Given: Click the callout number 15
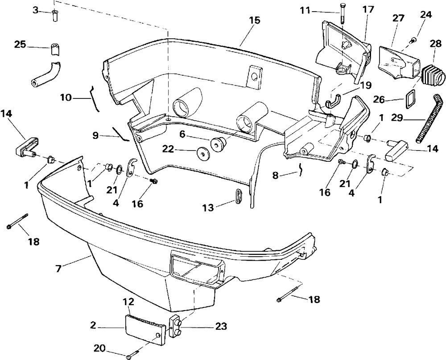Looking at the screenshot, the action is coord(255,20).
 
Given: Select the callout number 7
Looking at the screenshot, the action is coord(58,269).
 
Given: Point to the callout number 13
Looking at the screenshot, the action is coord(208,208).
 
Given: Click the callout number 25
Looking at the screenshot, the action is coord(20,44).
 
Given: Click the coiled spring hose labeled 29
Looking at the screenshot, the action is coord(429,119).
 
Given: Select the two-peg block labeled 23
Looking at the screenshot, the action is coord(176,327).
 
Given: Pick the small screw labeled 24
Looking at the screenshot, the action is coord(413,41).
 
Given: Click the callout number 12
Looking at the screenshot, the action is coord(128,302).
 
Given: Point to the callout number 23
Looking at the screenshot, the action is coord(221,327).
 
